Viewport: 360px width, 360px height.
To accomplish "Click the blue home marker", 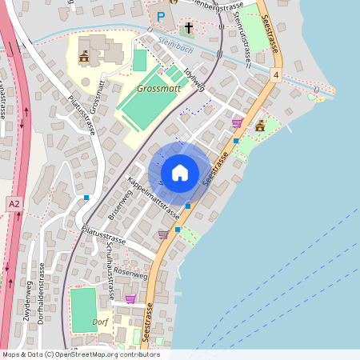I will point(179,172).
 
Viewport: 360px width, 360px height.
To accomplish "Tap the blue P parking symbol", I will point(161,16).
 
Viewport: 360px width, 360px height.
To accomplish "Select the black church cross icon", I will point(189,29).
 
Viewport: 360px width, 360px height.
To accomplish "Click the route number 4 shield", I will point(275,74).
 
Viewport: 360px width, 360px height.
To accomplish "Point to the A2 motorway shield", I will point(14,204).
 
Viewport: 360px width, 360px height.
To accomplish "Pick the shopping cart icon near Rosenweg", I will point(130,299).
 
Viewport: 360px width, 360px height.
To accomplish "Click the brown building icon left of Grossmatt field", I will point(83,57).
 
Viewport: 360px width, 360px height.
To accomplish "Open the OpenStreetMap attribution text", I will point(80,354).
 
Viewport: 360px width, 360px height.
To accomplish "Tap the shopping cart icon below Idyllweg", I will point(236,122).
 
